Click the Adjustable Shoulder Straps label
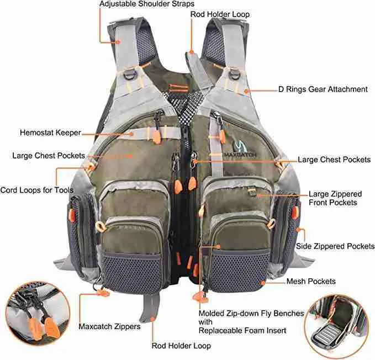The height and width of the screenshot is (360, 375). tap(146, 4)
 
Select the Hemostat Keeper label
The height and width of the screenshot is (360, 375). tap(50, 133)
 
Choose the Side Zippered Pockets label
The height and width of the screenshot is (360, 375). tap(335, 246)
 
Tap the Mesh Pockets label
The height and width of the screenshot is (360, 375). tap(311, 282)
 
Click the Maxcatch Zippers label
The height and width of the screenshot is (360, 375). tap(109, 326)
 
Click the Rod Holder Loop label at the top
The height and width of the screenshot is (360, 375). tap(220, 14)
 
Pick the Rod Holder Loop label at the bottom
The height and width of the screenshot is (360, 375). tap(181, 346)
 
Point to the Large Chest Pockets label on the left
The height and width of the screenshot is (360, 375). tap(49, 156)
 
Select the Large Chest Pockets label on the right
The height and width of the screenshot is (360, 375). tap(334, 160)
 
